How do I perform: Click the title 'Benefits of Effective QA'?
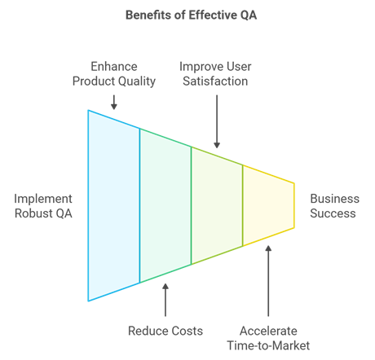click(191, 15)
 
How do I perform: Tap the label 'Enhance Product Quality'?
click(114, 74)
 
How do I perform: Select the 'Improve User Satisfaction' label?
click(215, 74)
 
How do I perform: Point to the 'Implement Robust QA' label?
click(43, 206)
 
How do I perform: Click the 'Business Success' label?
click(334, 206)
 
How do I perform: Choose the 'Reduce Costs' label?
click(165, 331)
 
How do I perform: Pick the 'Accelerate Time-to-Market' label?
click(268, 338)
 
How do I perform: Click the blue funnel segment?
click(114, 205)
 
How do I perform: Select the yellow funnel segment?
click(268, 205)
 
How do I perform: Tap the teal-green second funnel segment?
click(165, 205)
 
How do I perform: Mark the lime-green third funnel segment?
click(217, 205)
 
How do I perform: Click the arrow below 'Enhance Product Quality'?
click(114, 103)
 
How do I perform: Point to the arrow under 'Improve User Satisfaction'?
click(217, 121)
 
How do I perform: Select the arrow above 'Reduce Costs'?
click(165, 300)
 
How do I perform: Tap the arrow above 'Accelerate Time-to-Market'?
click(268, 281)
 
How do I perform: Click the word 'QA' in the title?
click(249, 15)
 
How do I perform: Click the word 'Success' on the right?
click(333, 213)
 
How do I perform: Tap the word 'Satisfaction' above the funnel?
click(215, 81)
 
